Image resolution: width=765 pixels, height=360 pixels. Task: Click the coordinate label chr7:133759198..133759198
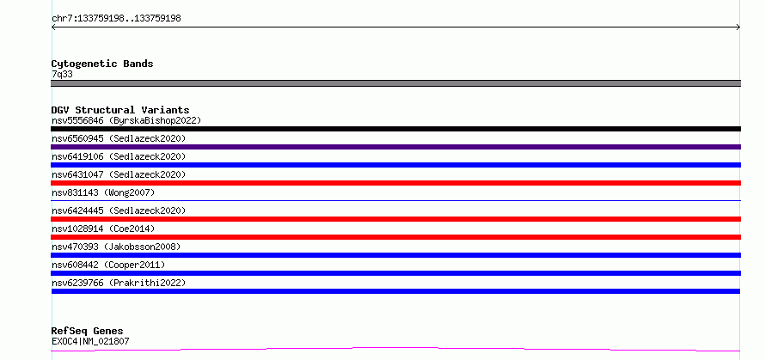tap(116, 19)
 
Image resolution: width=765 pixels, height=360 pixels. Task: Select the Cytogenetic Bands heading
tap(102, 64)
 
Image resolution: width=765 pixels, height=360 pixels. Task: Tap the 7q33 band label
tap(63, 75)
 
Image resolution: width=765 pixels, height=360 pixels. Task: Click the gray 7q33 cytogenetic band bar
tap(395, 83)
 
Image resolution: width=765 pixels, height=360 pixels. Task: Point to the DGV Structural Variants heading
tap(120, 110)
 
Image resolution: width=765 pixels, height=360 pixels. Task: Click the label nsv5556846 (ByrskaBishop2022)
tap(126, 120)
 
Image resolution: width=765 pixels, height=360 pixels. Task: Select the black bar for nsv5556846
tap(395, 129)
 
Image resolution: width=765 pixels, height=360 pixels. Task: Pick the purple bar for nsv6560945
tap(395, 147)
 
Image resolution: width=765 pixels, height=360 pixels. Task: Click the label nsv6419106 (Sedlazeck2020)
tap(119, 156)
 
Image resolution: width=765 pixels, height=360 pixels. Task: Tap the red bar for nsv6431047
tap(395, 183)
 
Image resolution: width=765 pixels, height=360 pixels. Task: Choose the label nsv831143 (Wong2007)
tap(103, 192)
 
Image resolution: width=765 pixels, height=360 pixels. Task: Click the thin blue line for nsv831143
tap(395, 200)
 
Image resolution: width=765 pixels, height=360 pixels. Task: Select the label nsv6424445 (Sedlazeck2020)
tap(119, 211)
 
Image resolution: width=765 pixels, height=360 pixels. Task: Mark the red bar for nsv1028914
tap(395, 237)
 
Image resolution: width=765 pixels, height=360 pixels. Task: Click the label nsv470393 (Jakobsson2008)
tap(116, 247)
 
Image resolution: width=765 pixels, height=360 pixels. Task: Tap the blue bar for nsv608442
tap(395, 273)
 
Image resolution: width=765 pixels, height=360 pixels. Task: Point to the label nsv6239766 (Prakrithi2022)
tap(119, 283)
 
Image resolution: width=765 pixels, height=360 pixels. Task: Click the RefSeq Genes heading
tap(87, 331)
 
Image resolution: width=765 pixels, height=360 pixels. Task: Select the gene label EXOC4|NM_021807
tap(90, 341)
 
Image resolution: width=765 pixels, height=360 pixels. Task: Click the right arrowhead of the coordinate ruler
tap(739, 27)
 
